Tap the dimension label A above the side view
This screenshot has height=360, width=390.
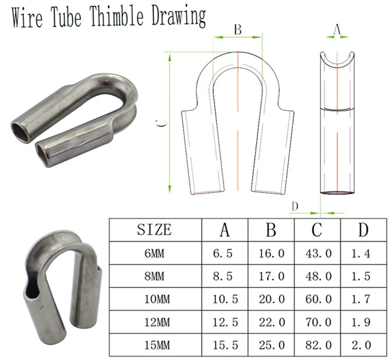pyautogui.click(x=337, y=28)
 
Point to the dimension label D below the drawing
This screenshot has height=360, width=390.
pyautogui.click(x=295, y=207)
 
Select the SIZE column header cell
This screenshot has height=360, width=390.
pyautogui.click(x=154, y=229)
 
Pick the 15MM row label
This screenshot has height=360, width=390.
pyautogui.click(x=154, y=344)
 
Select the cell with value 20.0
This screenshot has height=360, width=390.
pyautogui.click(x=271, y=299)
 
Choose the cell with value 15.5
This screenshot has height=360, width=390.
pyautogui.click(x=224, y=344)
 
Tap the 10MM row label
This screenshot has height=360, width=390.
pyautogui.click(x=154, y=299)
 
